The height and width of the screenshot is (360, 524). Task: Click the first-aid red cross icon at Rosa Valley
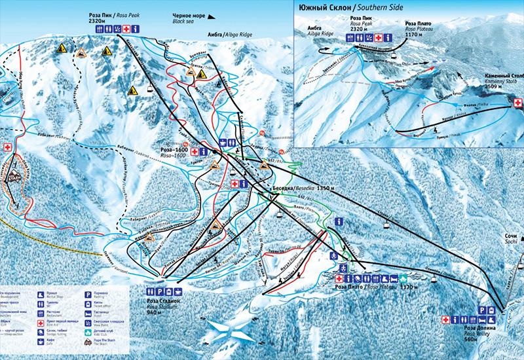[x=446, y=319]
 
